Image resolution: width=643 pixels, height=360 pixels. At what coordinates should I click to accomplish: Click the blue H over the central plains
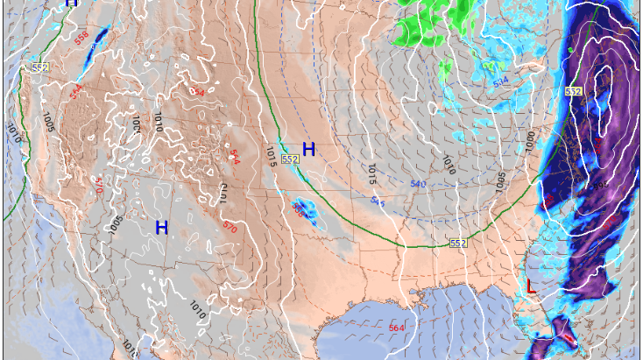point(308,150)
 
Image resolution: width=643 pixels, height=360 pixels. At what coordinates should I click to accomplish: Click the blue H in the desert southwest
point(161,228)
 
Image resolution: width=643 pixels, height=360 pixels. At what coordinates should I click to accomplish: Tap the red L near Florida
point(531,286)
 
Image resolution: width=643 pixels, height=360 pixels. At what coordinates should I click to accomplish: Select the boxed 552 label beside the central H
point(291,159)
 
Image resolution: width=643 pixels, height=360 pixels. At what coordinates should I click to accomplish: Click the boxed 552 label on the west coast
point(40,67)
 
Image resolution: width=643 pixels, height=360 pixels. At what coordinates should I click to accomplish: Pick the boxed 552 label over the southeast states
point(457,243)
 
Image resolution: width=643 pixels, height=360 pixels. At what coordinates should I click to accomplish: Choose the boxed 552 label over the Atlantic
point(574,91)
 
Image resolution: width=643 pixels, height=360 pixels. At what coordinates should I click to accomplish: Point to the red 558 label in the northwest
point(81,39)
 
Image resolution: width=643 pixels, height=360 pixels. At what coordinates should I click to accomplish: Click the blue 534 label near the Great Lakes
point(500,82)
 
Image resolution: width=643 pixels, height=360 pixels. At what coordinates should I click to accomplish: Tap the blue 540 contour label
point(418,184)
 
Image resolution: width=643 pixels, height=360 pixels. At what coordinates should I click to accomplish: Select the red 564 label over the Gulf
point(397,328)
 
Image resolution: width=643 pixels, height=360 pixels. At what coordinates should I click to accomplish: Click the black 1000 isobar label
point(531,138)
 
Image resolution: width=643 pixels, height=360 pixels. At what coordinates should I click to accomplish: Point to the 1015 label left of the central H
point(271,156)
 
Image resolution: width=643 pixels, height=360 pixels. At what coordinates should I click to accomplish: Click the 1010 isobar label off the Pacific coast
point(12,133)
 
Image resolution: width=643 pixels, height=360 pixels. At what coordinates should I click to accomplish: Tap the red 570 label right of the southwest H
point(230,227)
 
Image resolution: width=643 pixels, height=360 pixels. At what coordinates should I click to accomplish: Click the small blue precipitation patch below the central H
point(303,210)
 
